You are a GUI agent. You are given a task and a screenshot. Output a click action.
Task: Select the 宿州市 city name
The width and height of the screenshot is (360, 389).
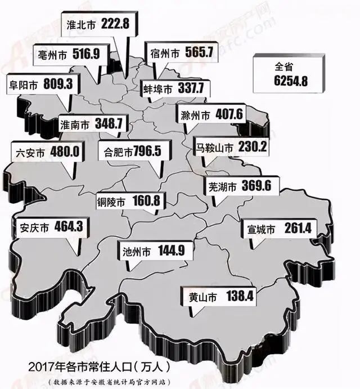[x=165, y=53]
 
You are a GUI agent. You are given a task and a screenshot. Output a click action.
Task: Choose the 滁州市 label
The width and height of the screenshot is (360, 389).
[x=211, y=115]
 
